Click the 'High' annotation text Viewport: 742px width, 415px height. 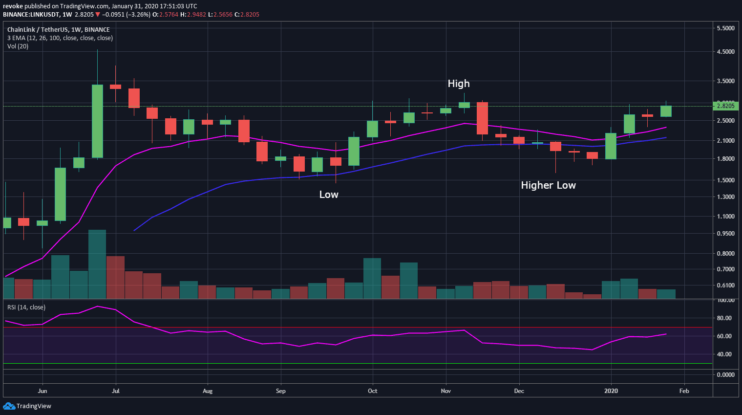click(458, 84)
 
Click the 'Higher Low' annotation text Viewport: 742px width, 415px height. click(548, 185)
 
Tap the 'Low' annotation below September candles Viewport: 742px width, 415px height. click(329, 195)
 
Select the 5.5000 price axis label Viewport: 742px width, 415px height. click(725, 28)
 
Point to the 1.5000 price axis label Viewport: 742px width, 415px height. click(725, 180)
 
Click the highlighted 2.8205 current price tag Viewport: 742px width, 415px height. click(725, 106)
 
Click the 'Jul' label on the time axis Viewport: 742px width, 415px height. click(116, 391)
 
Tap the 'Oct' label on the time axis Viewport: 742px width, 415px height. click(373, 391)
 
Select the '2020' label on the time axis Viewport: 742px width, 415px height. click(611, 391)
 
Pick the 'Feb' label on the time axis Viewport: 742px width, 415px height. click(684, 391)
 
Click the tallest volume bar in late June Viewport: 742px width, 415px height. click(97, 264)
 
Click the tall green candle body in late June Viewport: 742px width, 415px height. click(97, 121)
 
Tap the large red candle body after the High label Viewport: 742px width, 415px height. click(482, 118)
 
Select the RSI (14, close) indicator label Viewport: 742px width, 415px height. click(26, 307)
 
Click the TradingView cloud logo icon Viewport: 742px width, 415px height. click(9, 406)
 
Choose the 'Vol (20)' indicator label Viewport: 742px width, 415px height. click(18, 46)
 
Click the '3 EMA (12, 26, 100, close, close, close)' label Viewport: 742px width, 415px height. click(60, 38)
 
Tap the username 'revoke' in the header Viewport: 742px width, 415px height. click(13, 6)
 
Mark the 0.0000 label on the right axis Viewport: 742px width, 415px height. click(725, 375)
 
